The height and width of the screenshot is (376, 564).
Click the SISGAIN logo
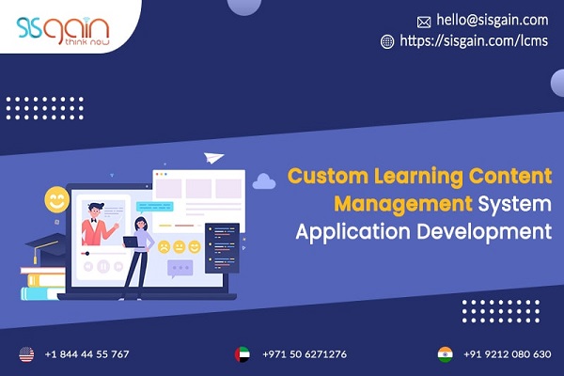[63, 31]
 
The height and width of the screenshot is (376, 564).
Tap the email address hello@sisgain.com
[492, 20]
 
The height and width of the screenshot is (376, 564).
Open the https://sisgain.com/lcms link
[474, 40]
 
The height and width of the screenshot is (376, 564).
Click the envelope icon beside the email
[424, 22]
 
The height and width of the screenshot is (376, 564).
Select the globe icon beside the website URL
[387, 41]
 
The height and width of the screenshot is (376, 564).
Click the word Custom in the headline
[328, 176]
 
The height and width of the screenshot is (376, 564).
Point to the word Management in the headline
[403, 204]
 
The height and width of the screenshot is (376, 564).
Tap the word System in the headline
[515, 204]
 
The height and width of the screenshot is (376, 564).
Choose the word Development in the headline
[484, 231]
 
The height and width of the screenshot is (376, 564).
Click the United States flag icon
[26, 354]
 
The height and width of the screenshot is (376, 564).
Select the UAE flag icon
[243, 354]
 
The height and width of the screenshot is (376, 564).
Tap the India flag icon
[446, 354]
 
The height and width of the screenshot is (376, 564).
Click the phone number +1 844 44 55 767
[86, 354]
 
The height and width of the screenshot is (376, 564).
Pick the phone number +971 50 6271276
[305, 354]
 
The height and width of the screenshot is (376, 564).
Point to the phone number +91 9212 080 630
[508, 354]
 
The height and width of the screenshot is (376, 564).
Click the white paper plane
[213, 158]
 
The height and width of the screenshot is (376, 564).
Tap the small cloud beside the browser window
[264, 181]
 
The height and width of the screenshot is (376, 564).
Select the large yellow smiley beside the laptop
[56, 199]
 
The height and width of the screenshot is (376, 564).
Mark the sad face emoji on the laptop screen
[164, 247]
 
